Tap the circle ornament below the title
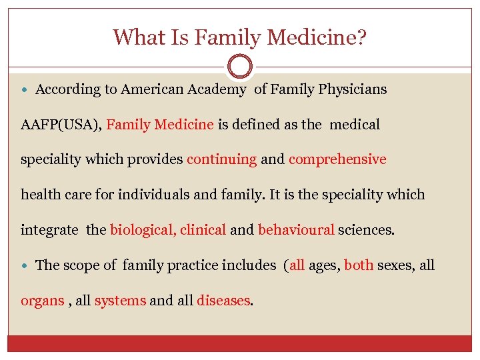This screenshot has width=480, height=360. click(240, 67)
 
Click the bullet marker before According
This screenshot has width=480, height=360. click(25, 89)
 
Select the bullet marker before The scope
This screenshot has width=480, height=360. click(25, 265)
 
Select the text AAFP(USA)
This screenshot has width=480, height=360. click(61, 125)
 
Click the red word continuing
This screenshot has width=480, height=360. click(221, 159)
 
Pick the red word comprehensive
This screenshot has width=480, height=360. click(337, 159)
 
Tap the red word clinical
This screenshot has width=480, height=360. click(203, 230)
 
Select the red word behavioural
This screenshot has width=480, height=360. click(296, 230)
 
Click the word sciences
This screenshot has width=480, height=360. click(366, 230)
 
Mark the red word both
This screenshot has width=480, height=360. click(359, 265)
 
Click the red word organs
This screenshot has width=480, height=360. click(43, 301)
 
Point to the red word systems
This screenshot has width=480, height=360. click(120, 301)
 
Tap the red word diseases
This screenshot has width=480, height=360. click(223, 301)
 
